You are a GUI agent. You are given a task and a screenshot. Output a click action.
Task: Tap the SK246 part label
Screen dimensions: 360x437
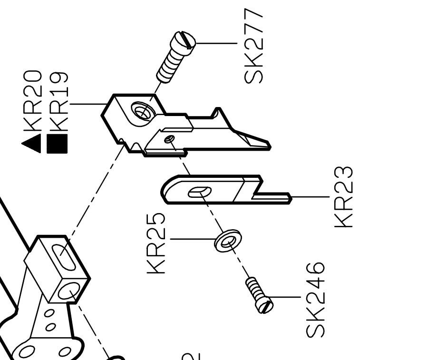(x=316, y=300)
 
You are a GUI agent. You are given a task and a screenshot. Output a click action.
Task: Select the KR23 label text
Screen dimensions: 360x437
(x=344, y=196)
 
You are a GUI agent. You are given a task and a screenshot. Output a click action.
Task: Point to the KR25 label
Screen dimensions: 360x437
(x=157, y=243)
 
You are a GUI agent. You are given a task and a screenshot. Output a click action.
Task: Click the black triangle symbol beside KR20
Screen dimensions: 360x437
(x=32, y=144)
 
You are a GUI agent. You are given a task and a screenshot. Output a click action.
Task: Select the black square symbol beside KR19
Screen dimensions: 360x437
(x=58, y=144)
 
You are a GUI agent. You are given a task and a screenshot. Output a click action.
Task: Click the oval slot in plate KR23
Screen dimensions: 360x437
(x=199, y=192)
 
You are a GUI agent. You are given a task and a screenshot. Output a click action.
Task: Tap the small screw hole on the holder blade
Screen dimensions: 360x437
(x=170, y=139)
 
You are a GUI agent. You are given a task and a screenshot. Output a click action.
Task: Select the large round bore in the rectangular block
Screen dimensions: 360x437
(x=68, y=291)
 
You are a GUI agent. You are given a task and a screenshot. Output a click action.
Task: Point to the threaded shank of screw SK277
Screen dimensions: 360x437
(x=169, y=67)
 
